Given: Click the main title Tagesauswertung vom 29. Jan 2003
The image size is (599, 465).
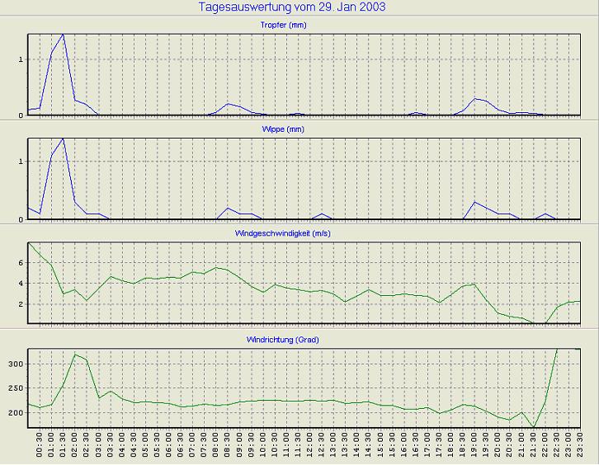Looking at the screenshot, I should click(x=293, y=7).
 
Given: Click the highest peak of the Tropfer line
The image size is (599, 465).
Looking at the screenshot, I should click(x=63, y=35).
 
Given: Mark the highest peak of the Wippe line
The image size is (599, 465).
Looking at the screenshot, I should click(x=63, y=139).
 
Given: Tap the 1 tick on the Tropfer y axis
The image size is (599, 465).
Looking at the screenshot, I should click(x=21, y=59).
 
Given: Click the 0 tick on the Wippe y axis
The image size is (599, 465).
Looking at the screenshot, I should click(x=21, y=219).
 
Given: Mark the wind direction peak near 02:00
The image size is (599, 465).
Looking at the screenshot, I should click(x=75, y=355).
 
